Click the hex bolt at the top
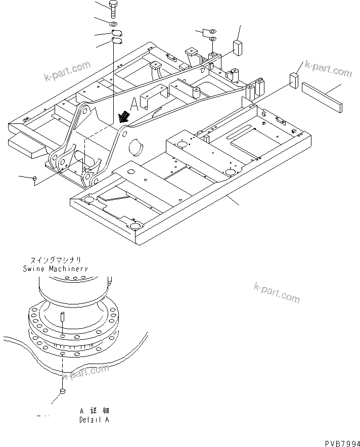114,10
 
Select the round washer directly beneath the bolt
114,24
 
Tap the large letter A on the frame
134,105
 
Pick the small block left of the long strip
294,80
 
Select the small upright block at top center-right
237,48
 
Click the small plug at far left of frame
34,178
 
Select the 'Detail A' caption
94,420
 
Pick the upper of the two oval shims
116,34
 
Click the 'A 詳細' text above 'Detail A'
94,411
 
